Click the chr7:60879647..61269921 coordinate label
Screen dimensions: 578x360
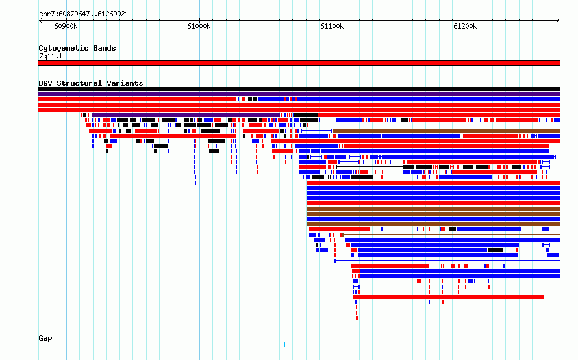click(84, 14)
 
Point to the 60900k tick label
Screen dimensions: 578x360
click(66, 26)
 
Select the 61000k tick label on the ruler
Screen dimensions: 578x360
click(199, 26)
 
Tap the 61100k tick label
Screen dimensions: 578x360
click(332, 26)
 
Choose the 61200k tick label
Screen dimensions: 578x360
click(465, 26)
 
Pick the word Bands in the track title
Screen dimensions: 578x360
click(105, 48)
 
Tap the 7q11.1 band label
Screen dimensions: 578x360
click(51, 56)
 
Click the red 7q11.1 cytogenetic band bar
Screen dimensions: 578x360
click(299, 63)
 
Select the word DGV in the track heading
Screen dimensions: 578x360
click(45, 83)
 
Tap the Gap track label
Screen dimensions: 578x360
click(45, 339)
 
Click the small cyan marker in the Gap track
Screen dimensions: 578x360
click(284, 344)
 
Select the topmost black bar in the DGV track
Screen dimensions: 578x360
click(299, 89)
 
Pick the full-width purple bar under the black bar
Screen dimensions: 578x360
click(299, 94)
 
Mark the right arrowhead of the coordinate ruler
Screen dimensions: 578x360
click(559, 20)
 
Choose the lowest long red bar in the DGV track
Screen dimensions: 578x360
click(448, 297)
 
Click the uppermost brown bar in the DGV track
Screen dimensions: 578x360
click(446, 131)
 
